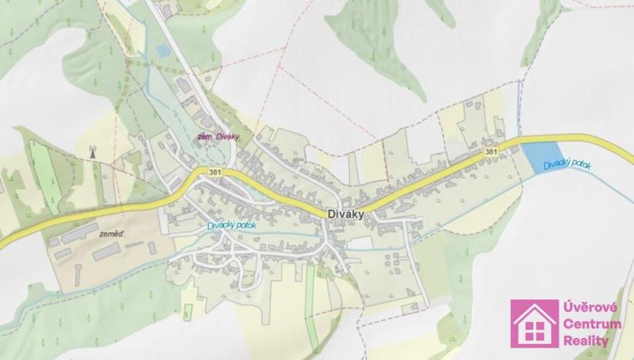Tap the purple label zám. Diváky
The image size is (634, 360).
coord(219,137)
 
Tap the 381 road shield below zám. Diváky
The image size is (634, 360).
coord(214,172)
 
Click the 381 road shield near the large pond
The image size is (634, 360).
coord(491,152)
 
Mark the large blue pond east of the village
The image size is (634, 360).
coord(539,158)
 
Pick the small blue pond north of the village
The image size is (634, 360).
coord(162,51)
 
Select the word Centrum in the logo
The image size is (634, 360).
coord(592,325)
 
